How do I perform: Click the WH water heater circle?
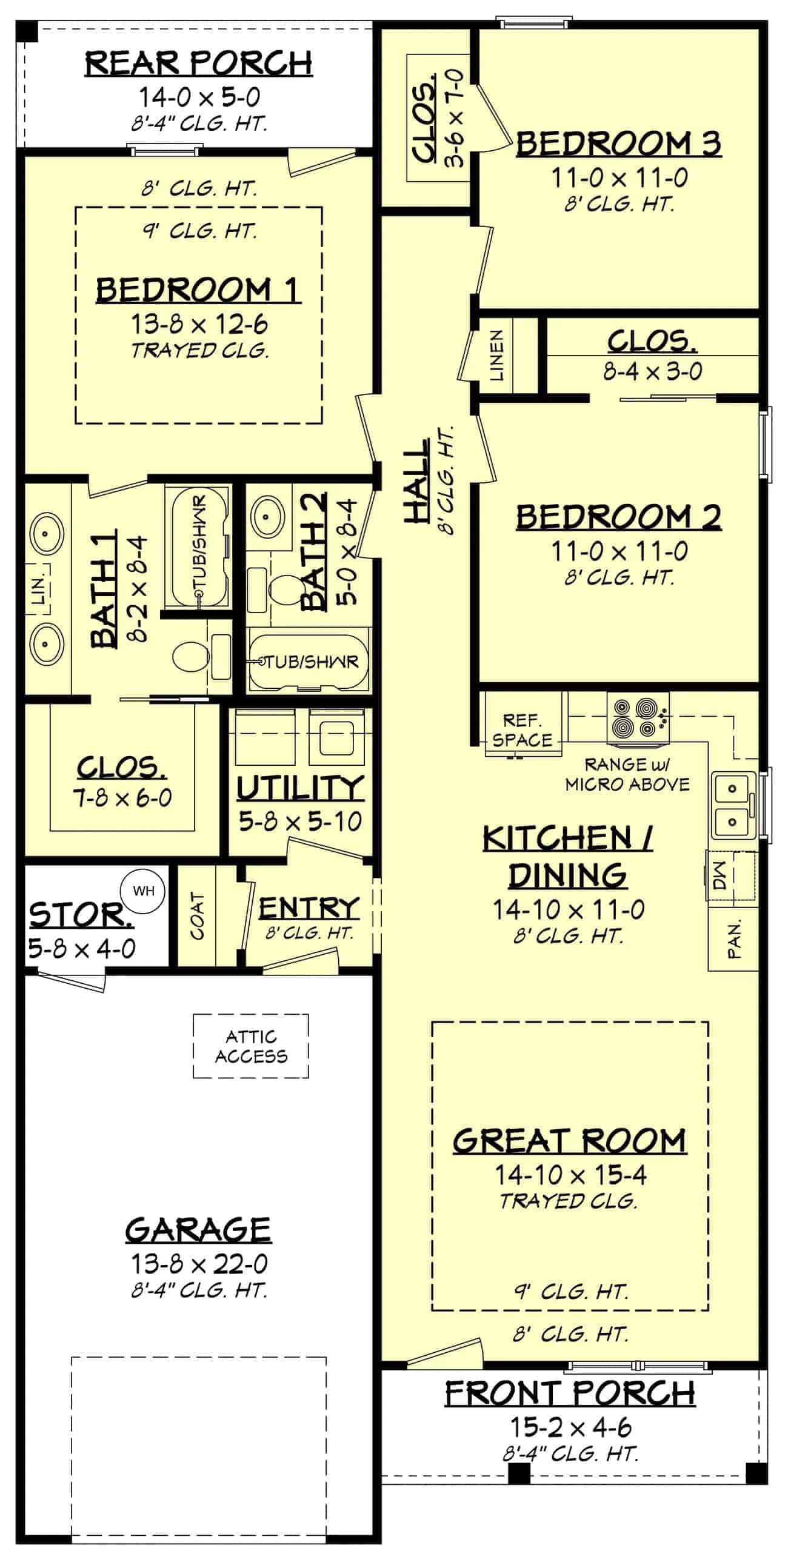click(143, 891)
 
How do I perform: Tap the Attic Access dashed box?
click(251, 1046)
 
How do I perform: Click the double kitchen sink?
click(732, 805)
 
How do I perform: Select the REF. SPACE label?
click(522, 730)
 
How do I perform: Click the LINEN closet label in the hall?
click(497, 356)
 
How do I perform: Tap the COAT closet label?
click(198, 915)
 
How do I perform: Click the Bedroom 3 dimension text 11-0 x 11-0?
click(619, 178)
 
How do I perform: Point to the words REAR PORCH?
click(198, 63)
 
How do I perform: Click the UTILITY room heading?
click(301, 788)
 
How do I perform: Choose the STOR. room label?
click(81, 915)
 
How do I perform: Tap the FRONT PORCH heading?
click(570, 1393)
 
